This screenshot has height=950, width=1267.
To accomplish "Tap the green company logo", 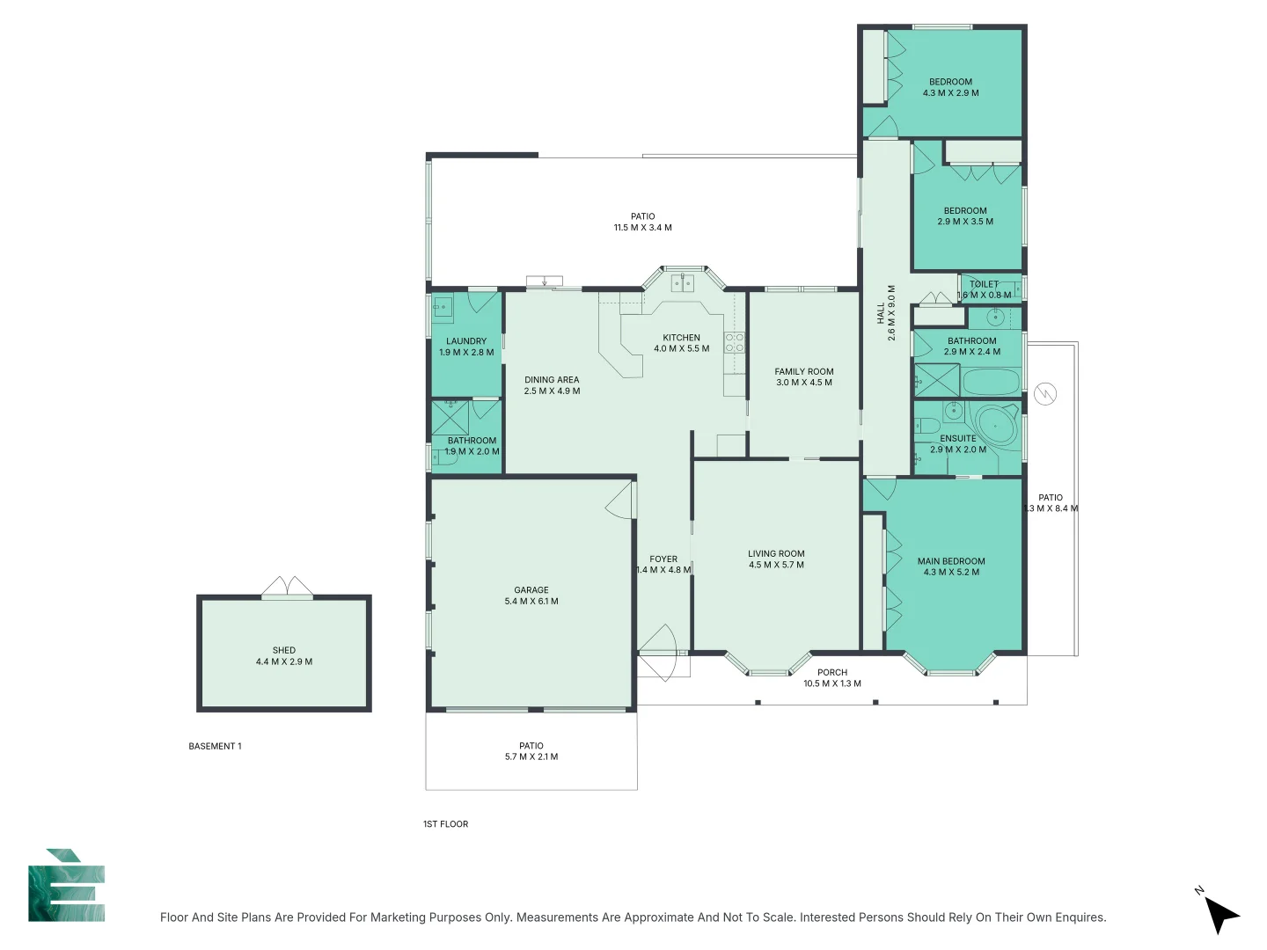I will (67, 886).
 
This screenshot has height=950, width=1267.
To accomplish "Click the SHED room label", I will (283, 651).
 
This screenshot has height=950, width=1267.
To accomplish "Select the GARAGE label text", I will (531, 590).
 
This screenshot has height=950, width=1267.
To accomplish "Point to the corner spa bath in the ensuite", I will (998, 427).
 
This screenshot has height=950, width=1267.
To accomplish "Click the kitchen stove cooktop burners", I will (734, 342).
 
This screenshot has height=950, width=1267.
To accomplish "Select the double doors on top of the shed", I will (288, 588).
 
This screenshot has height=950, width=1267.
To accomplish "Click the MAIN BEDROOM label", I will (951, 561).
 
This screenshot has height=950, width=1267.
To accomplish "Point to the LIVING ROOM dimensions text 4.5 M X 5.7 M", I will (776, 565).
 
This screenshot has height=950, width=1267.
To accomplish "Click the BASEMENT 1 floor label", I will (215, 746).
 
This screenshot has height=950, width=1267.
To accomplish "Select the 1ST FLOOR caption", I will (445, 824).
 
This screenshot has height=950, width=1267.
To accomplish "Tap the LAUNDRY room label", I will (466, 341).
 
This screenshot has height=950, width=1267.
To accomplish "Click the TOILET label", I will (984, 284).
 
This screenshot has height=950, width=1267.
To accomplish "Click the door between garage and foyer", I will (620, 502).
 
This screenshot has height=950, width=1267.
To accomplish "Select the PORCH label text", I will (831, 672).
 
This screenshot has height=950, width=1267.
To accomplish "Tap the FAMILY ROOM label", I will (803, 372).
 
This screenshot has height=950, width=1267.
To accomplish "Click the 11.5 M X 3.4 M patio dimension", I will (642, 228).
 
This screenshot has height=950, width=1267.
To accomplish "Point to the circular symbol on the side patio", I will (1045, 394).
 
